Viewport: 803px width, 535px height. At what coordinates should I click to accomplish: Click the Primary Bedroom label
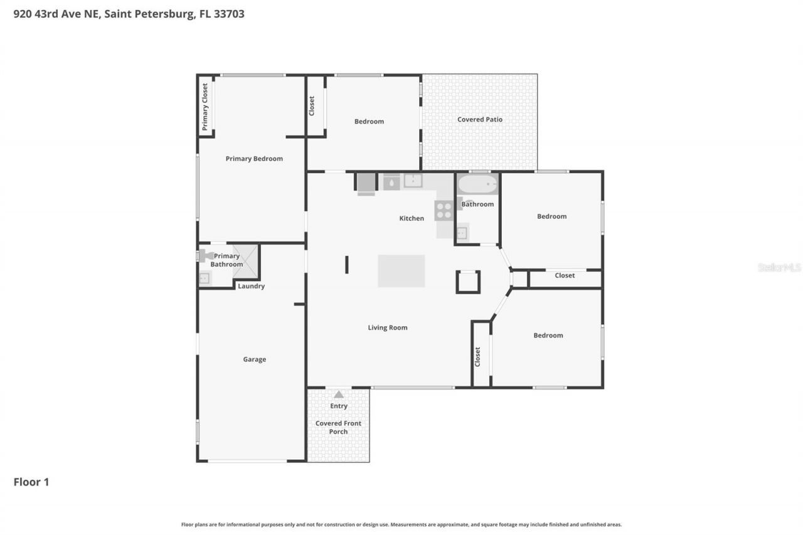pos(254,159)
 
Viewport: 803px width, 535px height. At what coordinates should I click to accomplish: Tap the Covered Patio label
pos(479,119)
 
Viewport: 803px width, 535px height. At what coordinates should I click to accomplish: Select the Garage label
pos(255,359)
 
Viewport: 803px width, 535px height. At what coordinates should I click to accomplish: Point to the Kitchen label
pos(412,218)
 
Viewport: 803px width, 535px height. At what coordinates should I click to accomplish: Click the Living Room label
pos(387,327)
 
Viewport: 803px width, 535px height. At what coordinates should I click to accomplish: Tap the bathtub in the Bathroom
pos(477,184)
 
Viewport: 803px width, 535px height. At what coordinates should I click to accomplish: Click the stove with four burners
pos(444,211)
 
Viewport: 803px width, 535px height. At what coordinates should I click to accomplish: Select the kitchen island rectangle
pos(401,271)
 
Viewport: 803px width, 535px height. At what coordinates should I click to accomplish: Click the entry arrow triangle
pos(339,395)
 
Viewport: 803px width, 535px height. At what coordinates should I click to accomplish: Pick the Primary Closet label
pos(205,106)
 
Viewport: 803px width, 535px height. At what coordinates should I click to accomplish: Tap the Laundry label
pos(251,286)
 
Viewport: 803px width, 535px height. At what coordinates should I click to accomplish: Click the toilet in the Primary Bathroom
pos(205,255)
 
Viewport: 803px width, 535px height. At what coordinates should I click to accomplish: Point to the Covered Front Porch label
pos(338,427)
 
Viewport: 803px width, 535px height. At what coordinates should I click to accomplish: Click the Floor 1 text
pos(31,482)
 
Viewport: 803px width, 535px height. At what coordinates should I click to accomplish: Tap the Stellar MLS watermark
pos(779,267)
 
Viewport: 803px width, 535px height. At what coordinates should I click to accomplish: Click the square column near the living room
pos(468,282)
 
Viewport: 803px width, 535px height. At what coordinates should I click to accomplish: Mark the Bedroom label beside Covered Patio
pos(369,121)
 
